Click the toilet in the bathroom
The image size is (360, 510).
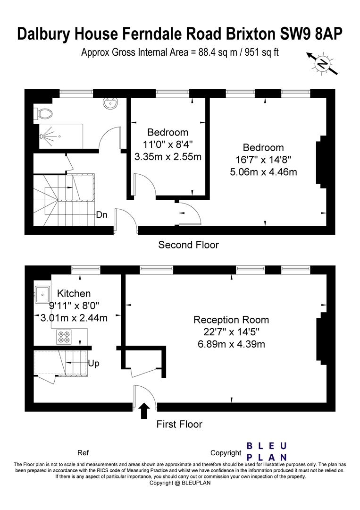tap(43, 114)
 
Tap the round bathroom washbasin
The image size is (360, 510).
tap(110, 103)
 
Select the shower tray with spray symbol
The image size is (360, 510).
tap(61, 136)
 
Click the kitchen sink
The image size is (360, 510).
tap(42, 294)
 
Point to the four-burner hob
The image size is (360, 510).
tap(64, 337)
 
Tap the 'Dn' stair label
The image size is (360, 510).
tap(101, 215)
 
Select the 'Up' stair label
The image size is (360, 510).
tap(93, 363)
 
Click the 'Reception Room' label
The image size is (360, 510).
tap(231, 320)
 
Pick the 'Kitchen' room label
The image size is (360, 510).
tap(74, 293)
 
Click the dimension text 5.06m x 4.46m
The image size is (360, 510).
tap(263, 171)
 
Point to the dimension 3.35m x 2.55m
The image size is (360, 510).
tap(168, 156)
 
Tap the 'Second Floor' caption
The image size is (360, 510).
tap(188, 245)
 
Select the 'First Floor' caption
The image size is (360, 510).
tap(179, 424)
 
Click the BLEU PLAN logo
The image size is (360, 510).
tap(267, 451)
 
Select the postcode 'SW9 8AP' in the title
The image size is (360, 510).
tap(311, 34)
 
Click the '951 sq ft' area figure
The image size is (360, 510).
tap(261, 52)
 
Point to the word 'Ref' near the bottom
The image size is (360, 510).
tap(83, 453)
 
